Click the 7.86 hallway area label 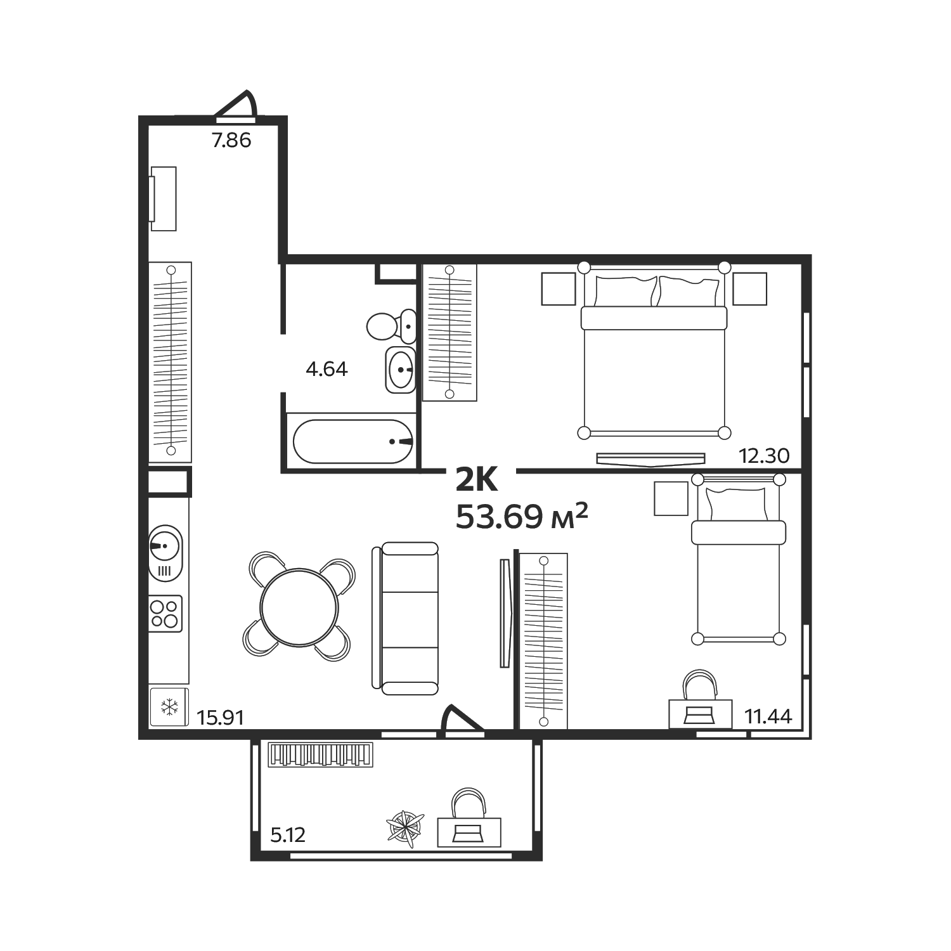tap(231, 139)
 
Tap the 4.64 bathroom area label tap(327, 368)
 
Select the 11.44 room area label tap(768, 716)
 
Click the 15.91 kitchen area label tap(221, 718)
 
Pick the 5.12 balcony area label tap(288, 834)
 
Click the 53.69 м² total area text tap(522, 517)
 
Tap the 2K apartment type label tap(477, 481)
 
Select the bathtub tap(353, 441)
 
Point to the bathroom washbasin tap(401, 370)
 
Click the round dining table tap(299, 607)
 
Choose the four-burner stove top tap(165, 613)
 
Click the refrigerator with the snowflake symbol tap(169, 706)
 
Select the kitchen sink tap(165, 552)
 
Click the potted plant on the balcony tap(406, 829)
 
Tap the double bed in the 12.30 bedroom tap(654, 350)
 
